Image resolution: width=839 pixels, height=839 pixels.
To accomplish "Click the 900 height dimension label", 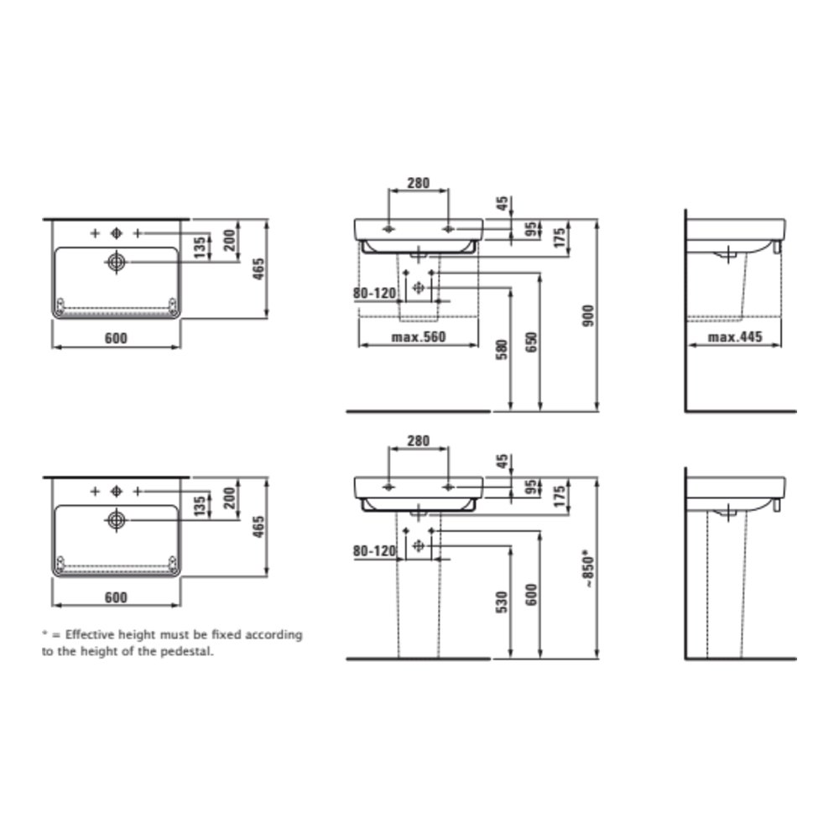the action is click(588, 315).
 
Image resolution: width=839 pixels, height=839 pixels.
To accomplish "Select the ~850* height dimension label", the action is click(588, 568).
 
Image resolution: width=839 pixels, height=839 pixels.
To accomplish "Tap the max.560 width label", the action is click(419, 337).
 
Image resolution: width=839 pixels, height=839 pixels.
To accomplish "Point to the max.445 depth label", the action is click(735, 337).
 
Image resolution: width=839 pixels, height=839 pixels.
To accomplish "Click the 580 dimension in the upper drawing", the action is click(502, 349).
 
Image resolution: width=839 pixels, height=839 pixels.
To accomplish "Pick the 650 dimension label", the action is click(531, 342).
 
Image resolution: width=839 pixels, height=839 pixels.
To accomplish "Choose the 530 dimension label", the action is click(502, 602).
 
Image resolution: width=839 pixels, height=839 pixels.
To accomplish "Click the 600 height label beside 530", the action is click(531, 595).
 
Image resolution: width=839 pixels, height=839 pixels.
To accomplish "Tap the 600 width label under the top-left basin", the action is click(116, 338).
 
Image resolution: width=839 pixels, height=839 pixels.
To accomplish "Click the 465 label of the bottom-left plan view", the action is click(258, 527).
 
